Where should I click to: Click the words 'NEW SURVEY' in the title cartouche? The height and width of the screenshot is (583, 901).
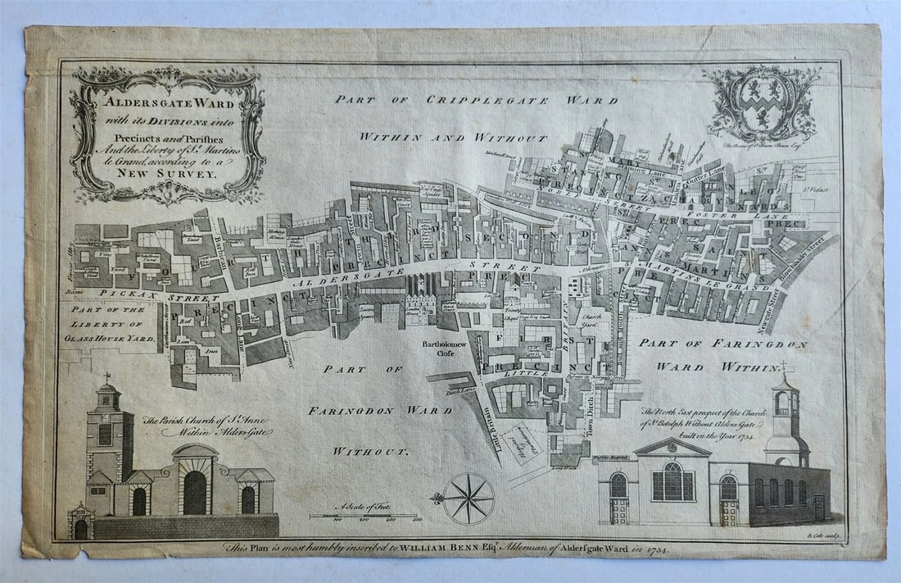pos(170,173)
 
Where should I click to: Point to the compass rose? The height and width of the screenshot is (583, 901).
pos(469,499)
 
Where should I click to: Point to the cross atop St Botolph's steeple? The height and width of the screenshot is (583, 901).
pos(784,367)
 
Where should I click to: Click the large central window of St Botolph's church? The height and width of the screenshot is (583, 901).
pos(669,481)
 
